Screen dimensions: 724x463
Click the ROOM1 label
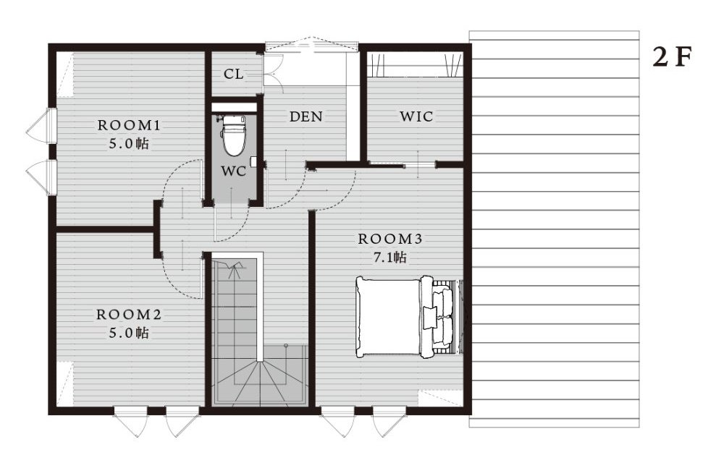(x=129, y=125)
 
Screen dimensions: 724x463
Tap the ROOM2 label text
(x=129, y=315)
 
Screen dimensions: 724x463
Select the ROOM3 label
(x=390, y=239)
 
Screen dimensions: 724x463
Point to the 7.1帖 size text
(x=390, y=258)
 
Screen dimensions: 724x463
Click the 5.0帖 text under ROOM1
(x=129, y=143)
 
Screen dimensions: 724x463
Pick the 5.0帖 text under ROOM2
(x=129, y=333)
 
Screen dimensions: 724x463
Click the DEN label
(x=306, y=116)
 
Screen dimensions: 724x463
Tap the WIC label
(x=416, y=116)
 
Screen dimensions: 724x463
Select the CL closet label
(x=233, y=74)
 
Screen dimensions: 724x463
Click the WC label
(x=233, y=171)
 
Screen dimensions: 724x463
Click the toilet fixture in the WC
(x=234, y=135)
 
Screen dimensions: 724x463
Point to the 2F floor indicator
(x=672, y=57)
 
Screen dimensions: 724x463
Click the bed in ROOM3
(x=409, y=316)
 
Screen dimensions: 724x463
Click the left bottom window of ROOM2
(x=130, y=420)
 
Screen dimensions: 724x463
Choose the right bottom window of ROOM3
(x=390, y=420)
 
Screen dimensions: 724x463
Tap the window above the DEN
(x=312, y=45)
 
